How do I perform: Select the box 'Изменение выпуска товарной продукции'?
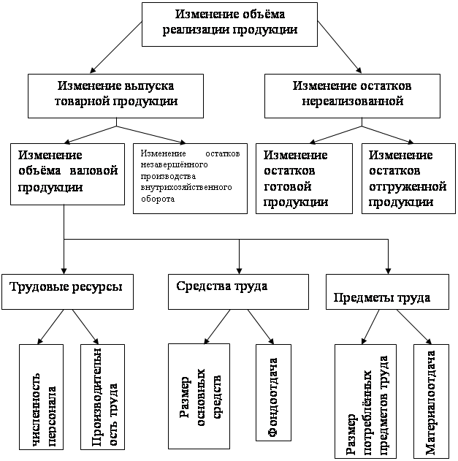click(115, 94)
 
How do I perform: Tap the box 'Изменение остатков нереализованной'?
click(352, 94)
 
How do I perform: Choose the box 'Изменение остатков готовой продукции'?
click(303, 178)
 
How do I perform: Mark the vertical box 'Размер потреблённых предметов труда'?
click(366, 400)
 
